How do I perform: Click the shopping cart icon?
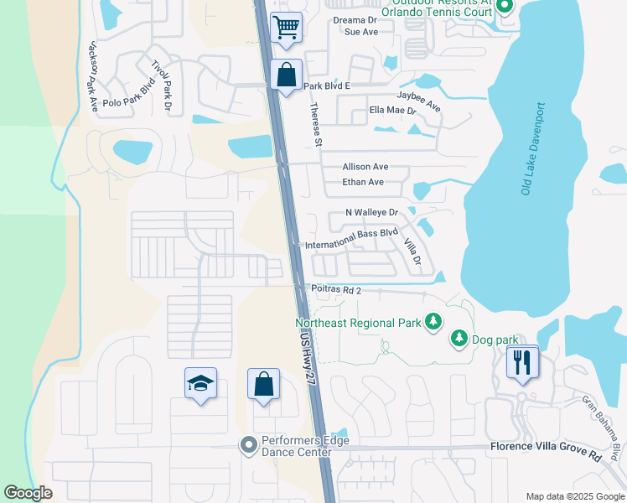coord(287,27)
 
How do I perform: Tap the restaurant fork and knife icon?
coord(521,362)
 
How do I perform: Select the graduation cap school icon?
coord(200,384)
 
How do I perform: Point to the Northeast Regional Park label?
coord(360,322)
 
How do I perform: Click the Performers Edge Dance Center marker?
coord(247,445)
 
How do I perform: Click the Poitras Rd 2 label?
coord(335,290)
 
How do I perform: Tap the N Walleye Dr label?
coord(382,213)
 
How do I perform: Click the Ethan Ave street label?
coord(363,182)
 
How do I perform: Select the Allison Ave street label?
coord(365,167)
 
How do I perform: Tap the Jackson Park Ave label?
coord(92,75)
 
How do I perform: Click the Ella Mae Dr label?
coord(391,110)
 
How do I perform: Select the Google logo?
coord(28,493)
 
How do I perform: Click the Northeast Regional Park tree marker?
coord(433,322)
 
